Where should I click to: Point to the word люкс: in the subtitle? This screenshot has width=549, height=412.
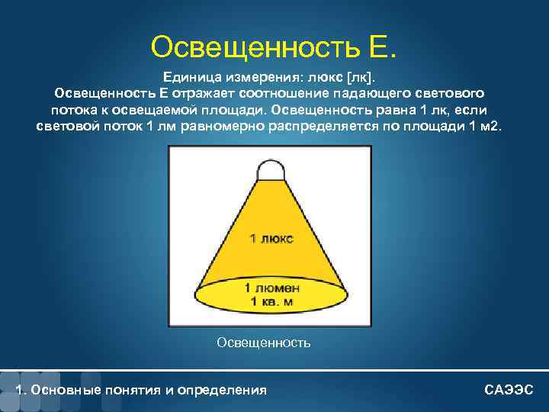[321, 76]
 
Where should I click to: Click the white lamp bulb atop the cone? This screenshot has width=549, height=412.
[270, 169]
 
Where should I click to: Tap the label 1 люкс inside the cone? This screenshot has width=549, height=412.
[271, 238]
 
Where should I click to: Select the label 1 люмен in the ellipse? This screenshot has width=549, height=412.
[271, 288]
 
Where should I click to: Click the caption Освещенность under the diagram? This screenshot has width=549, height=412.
[264, 343]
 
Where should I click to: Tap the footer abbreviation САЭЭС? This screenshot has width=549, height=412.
[509, 390]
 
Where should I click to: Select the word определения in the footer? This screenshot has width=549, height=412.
[229, 390]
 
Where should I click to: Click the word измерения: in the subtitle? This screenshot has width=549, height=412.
[255, 76]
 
